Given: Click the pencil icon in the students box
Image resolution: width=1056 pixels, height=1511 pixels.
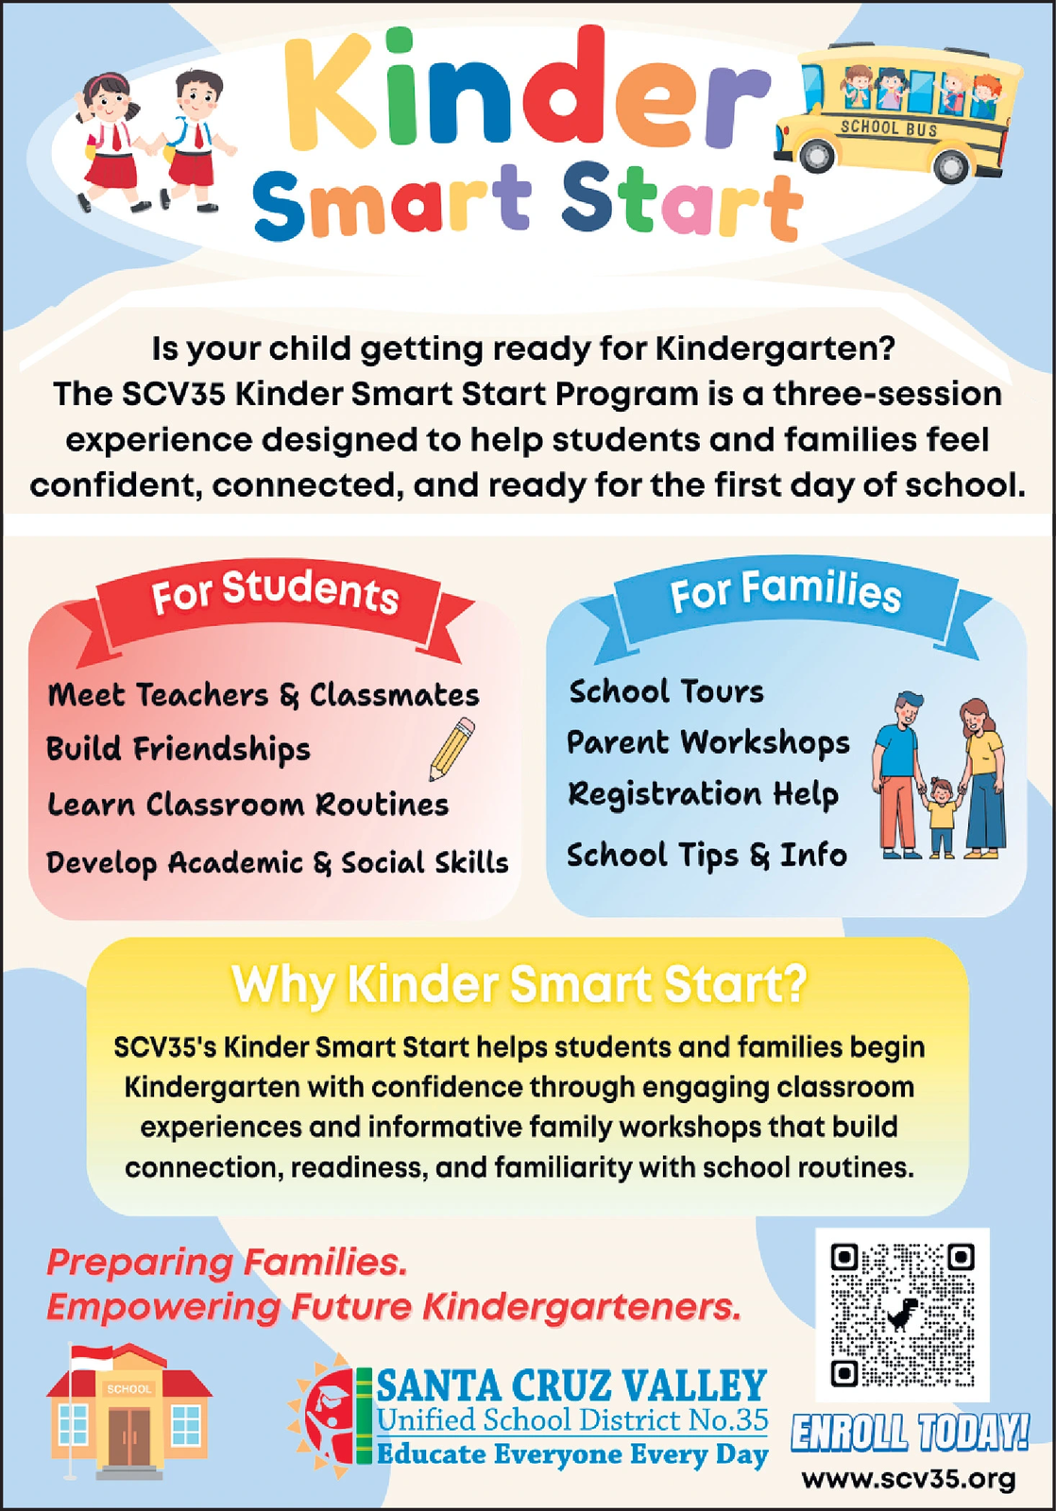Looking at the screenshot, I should pos(452,749).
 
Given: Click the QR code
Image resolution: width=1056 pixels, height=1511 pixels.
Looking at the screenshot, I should pos(901,1315).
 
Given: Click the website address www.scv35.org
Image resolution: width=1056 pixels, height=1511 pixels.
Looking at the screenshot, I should pos(909,1478).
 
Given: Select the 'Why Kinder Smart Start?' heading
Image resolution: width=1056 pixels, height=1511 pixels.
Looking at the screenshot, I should pos(519,984).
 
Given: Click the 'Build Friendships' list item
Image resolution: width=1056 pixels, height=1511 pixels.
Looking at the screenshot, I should pos(179,749).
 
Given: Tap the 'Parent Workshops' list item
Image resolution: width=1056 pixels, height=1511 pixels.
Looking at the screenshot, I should pos(708,742).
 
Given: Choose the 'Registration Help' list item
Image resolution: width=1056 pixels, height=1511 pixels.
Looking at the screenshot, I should pos(703,793).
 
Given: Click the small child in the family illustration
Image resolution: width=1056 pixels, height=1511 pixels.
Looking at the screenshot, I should pos(940,815).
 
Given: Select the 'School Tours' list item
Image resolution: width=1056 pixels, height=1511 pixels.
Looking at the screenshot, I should pos(666,691).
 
